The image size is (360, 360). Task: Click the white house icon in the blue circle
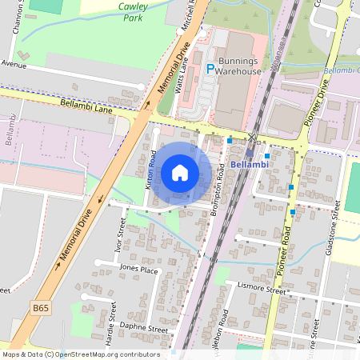click(x=180, y=172)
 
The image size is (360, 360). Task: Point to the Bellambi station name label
click(x=250, y=164)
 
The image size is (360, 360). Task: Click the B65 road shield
click(x=41, y=306)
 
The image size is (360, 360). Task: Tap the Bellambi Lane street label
click(x=86, y=106)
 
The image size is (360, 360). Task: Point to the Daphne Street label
click(x=142, y=328)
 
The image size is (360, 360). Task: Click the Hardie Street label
click(x=111, y=323)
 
